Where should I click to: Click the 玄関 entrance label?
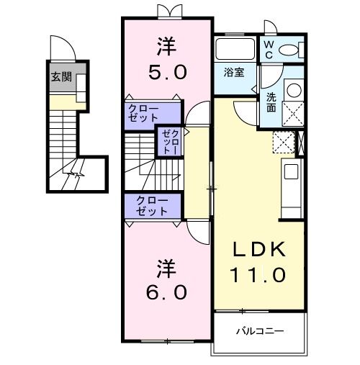point(60,77)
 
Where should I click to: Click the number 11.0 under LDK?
point(259,274)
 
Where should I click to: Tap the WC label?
point(268,48)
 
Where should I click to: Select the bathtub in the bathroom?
point(235,50)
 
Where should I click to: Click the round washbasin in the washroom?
point(294,91)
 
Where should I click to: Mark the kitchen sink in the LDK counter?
point(290,171)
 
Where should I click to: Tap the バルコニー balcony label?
point(260,332)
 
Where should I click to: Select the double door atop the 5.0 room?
point(166,11)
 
